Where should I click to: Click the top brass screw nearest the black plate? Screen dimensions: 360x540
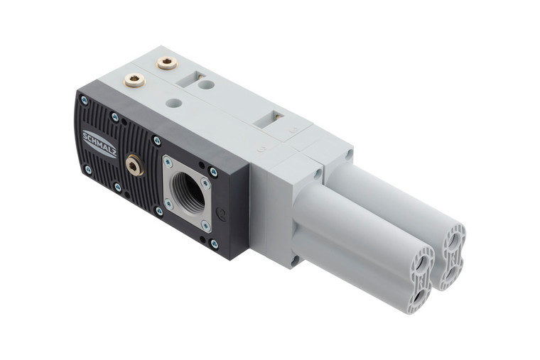pyautogui.click(x=134, y=80)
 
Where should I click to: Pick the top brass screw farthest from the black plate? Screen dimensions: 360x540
pyautogui.click(x=167, y=64)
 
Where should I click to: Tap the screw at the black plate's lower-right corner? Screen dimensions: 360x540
pyautogui.click(x=215, y=244)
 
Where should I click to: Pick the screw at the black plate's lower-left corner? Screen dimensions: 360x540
pyautogui.click(x=87, y=170)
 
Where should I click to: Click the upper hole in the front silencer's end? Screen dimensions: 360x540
pyautogui.click(x=423, y=264)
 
